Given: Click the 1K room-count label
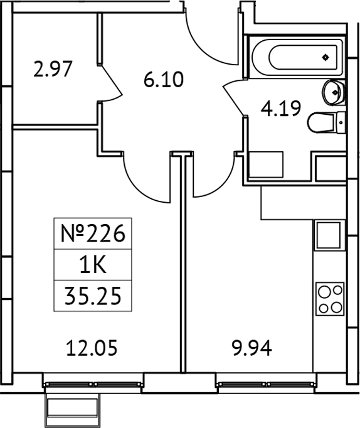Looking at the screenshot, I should (x=93, y=265).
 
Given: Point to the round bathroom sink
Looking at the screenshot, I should (x=333, y=93).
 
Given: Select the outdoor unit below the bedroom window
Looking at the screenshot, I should (x=74, y=408).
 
